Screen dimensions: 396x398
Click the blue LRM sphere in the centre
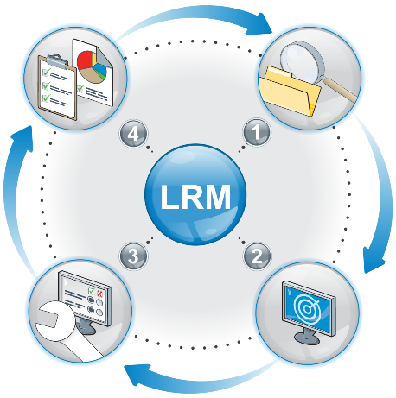(195, 195)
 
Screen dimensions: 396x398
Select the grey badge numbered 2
(257, 256)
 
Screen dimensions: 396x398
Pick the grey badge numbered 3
(133, 256)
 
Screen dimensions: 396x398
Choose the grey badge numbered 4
(133, 134)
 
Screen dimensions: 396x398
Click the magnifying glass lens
(302, 61)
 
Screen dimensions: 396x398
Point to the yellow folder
(290, 92)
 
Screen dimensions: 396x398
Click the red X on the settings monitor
(100, 294)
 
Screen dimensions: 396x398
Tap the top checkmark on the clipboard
(46, 72)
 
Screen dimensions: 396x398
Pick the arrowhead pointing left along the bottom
(137, 375)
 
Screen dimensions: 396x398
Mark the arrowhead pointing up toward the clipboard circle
(22, 139)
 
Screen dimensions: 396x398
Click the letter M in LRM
(215, 197)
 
